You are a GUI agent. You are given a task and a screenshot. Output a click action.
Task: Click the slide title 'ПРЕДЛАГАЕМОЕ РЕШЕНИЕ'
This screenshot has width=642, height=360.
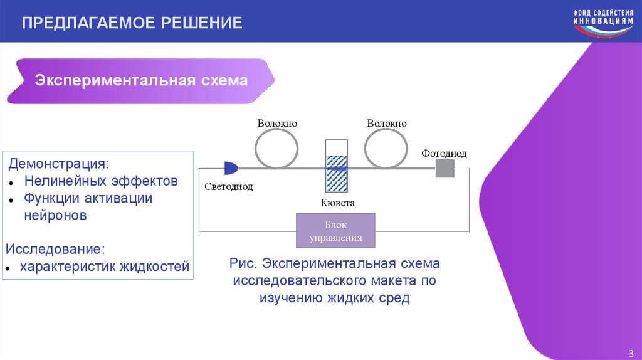(132, 23)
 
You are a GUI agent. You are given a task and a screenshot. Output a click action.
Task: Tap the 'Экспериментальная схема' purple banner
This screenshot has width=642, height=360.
(141, 81)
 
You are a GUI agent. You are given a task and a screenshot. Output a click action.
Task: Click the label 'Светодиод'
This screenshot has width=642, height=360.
(228, 187)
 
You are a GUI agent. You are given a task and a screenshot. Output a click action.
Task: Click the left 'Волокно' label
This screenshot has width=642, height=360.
(276, 124)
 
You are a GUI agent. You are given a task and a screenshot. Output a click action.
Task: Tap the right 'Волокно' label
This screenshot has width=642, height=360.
(387, 124)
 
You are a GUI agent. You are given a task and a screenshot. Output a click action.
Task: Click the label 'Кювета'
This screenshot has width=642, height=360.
(337, 203)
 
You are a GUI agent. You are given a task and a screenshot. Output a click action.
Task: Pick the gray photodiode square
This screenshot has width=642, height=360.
(445, 168)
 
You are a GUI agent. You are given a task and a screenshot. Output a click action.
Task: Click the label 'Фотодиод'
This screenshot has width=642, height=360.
(444, 153)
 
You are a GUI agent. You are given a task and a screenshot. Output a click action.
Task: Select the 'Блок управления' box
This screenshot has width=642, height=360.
(335, 231)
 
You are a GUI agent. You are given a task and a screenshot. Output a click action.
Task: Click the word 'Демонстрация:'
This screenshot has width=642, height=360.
(58, 164)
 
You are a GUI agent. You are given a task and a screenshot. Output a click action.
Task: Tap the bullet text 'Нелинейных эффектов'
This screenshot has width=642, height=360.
(101, 181)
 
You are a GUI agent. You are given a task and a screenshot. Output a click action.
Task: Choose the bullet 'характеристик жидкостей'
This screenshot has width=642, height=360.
(104, 267)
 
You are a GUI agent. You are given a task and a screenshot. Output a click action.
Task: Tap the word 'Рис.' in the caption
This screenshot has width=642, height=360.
(242, 263)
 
